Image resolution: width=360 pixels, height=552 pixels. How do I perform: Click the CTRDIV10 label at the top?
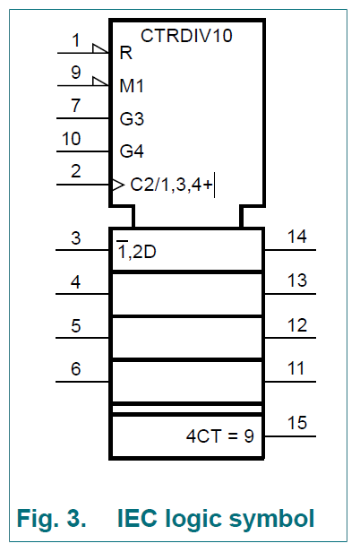[186, 36]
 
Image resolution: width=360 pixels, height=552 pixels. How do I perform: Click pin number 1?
[75, 40]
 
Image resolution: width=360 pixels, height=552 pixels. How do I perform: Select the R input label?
[126, 53]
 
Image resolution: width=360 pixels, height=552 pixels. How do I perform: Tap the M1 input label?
[132, 86]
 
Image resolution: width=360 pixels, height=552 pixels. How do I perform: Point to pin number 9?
[75, 73]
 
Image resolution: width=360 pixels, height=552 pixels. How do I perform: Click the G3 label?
[132, 118]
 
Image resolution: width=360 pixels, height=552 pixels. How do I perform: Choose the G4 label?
[132, 151]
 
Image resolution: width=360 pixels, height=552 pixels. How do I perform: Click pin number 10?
[72, 138]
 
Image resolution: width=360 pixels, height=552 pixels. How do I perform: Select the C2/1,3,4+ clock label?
[171, 185]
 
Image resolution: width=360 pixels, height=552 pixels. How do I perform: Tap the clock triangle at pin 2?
[118, 185]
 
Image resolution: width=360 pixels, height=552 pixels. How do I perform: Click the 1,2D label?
[136, 250]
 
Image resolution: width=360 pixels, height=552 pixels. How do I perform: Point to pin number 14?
[297, 237]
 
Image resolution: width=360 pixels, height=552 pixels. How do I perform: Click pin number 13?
[297, 280]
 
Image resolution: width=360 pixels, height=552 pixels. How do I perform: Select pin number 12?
[297, 325]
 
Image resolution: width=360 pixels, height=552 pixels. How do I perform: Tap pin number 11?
[296, 368]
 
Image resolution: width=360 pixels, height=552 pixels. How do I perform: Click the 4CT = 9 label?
[220, 436]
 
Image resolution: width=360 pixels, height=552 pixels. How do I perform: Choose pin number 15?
[297, 423]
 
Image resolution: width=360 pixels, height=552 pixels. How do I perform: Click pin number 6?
[75, 369]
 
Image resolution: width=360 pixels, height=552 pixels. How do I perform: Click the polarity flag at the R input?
[100, 48]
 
